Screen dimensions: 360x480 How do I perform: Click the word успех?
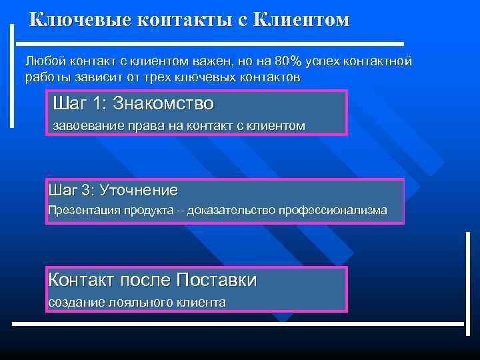325,61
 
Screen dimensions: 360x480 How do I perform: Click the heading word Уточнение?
139,191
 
